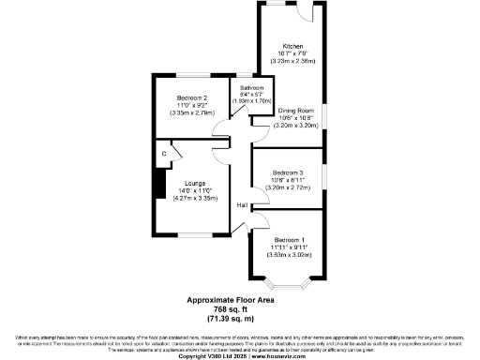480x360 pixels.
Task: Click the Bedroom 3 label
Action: click(288, 172)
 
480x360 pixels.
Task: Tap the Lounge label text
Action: click(195, 182)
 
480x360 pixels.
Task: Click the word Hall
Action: click(242, 204)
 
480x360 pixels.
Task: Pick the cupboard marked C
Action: click(164, 153)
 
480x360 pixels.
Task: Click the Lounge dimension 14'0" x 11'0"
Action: click(195, 190)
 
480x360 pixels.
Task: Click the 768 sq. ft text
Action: click(239, 310)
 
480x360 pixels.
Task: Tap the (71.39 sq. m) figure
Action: click(239, 319)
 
